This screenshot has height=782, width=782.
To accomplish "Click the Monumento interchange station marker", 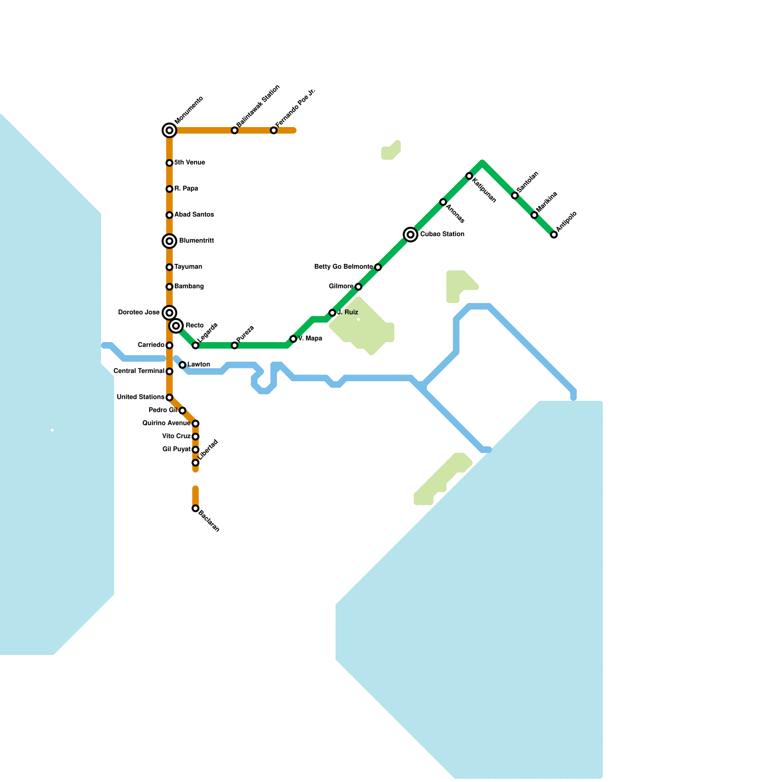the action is (169, 130).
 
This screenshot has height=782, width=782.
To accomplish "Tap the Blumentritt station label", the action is (196, 241).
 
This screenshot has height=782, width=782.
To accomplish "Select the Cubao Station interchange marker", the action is (411, 235).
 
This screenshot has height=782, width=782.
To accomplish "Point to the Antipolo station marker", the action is (554, 235).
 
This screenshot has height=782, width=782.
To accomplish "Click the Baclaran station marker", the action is (195, 509).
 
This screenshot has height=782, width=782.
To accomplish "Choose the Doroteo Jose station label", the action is (139, 313).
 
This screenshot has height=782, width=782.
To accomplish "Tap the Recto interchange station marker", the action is (176, 326).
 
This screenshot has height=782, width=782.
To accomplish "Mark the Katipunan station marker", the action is (469, 176).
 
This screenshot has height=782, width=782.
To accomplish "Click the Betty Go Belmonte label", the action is (344, 267).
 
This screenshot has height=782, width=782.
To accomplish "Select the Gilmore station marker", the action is (358, 287).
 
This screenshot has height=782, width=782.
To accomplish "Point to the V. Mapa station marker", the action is (293, 339).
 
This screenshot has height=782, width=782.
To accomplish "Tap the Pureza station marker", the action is (235, 346).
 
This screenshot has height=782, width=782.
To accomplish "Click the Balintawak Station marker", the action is (235, 130).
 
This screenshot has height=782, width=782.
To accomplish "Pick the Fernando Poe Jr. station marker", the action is (274, 130).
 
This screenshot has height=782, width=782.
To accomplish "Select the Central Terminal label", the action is (139, 371).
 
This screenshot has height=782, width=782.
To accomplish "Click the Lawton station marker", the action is (182, 365).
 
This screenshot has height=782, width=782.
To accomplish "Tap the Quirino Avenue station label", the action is (166, 423).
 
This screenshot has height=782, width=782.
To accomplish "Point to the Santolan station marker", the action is (515, 195).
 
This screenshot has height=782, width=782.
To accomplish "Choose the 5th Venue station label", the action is (190, 163).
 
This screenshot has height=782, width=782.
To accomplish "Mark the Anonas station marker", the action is (443, 202).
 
